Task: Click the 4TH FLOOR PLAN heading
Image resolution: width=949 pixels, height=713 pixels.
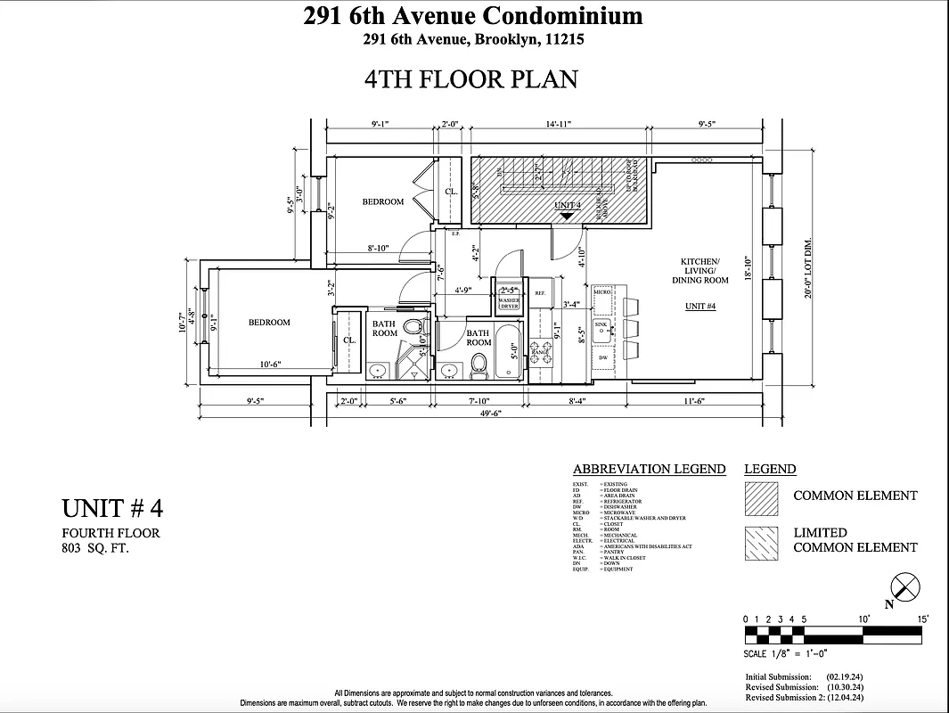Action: (x=471, y=78)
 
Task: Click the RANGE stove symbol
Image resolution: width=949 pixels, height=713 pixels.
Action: (x=540, y=351)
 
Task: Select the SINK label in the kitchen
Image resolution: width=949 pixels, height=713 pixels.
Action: (x=602, y=324)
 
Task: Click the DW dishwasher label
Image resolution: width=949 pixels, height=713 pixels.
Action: (x=603, y=357)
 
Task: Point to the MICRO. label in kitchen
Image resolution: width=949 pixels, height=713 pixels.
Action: (x=601, y=291)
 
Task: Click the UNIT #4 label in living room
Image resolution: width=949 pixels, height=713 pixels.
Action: (x=701, y=306)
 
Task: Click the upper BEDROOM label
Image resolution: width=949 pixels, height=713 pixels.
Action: (x=382, y=201)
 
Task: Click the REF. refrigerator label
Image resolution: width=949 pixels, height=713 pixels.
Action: (x=539, y=292)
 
